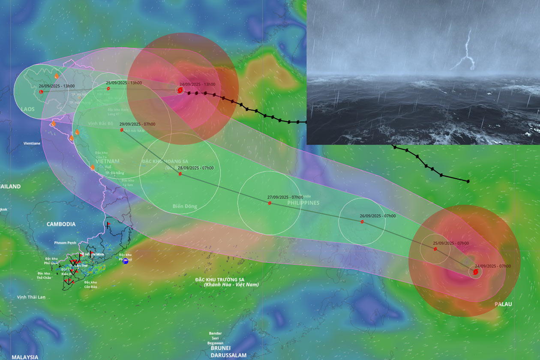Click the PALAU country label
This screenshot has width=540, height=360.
[503, 304]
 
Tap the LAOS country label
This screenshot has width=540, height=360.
[28, 109]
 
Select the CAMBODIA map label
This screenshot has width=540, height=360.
[61, 224]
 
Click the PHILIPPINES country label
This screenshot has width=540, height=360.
[303, 203]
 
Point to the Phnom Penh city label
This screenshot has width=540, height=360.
[65, 243]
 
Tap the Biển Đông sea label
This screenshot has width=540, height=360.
[185, 207]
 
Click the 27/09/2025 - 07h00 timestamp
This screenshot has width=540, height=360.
[285, 197]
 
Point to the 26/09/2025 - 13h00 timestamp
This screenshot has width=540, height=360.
[57, 86]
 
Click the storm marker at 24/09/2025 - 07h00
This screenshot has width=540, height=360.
[475, 272]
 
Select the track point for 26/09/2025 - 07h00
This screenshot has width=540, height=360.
[362, 222]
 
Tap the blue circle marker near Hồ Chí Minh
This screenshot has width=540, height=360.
[125, 261]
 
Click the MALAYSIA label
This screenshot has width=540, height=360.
[25, 357]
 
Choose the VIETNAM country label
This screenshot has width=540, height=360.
[104, 161]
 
